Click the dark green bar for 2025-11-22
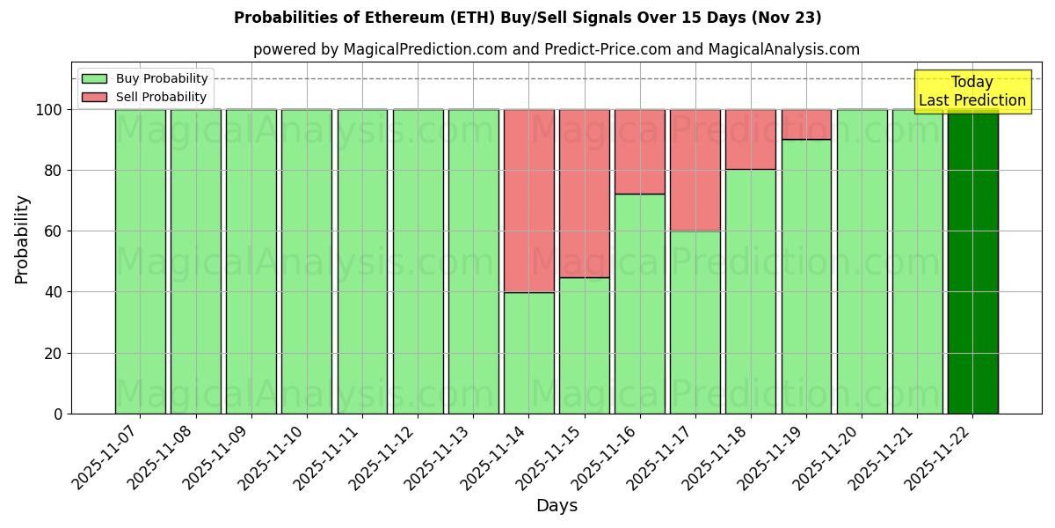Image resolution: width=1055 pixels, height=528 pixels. [972, 261]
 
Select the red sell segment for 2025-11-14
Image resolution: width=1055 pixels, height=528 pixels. [528, 201]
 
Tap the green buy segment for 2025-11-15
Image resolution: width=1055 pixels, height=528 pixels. [584, 345]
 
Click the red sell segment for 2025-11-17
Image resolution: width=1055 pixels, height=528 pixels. [695, 170]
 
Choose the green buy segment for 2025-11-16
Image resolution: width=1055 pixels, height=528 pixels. [639, 304]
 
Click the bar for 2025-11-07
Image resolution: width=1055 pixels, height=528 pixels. [140, 261]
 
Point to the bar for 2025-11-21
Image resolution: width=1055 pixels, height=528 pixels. [917, 261]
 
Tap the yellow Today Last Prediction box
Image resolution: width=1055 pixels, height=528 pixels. [972, 92]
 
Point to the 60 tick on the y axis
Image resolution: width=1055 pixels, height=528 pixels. [55, 231]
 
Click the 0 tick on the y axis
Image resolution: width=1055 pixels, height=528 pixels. [58, 414]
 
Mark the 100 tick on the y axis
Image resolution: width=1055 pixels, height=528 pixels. [50, 110]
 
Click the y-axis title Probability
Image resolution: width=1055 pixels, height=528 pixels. [22, 239]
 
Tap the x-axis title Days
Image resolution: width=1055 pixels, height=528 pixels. [557, 506]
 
